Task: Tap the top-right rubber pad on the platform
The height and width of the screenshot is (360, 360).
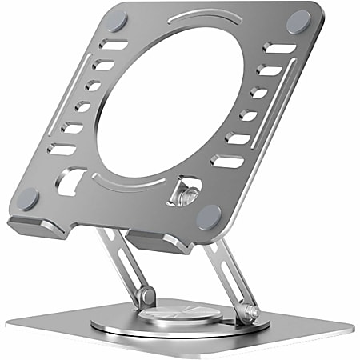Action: point(298,22)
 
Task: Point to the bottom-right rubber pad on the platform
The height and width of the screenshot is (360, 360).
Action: point(209,214)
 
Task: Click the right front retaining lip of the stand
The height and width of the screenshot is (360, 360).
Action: point(152,241)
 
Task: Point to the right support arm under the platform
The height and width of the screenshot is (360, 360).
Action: point(224,272)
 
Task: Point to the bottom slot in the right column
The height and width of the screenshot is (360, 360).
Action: point(227,162)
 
